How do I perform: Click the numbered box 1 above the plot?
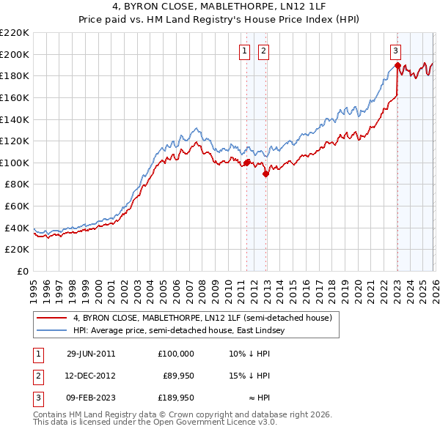tap(243, 51)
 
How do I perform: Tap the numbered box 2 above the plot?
tap(263, 51)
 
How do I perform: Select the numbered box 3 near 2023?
tap(395, 51)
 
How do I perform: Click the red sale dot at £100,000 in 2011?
tap(247, 163)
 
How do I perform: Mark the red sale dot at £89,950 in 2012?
tap(266, 174)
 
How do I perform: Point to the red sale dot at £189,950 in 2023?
tap(397, 65)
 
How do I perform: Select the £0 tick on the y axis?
tap(22, 271)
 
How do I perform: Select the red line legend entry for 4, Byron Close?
tap(202, 318)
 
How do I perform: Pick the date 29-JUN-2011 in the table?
tap(89, 353)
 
